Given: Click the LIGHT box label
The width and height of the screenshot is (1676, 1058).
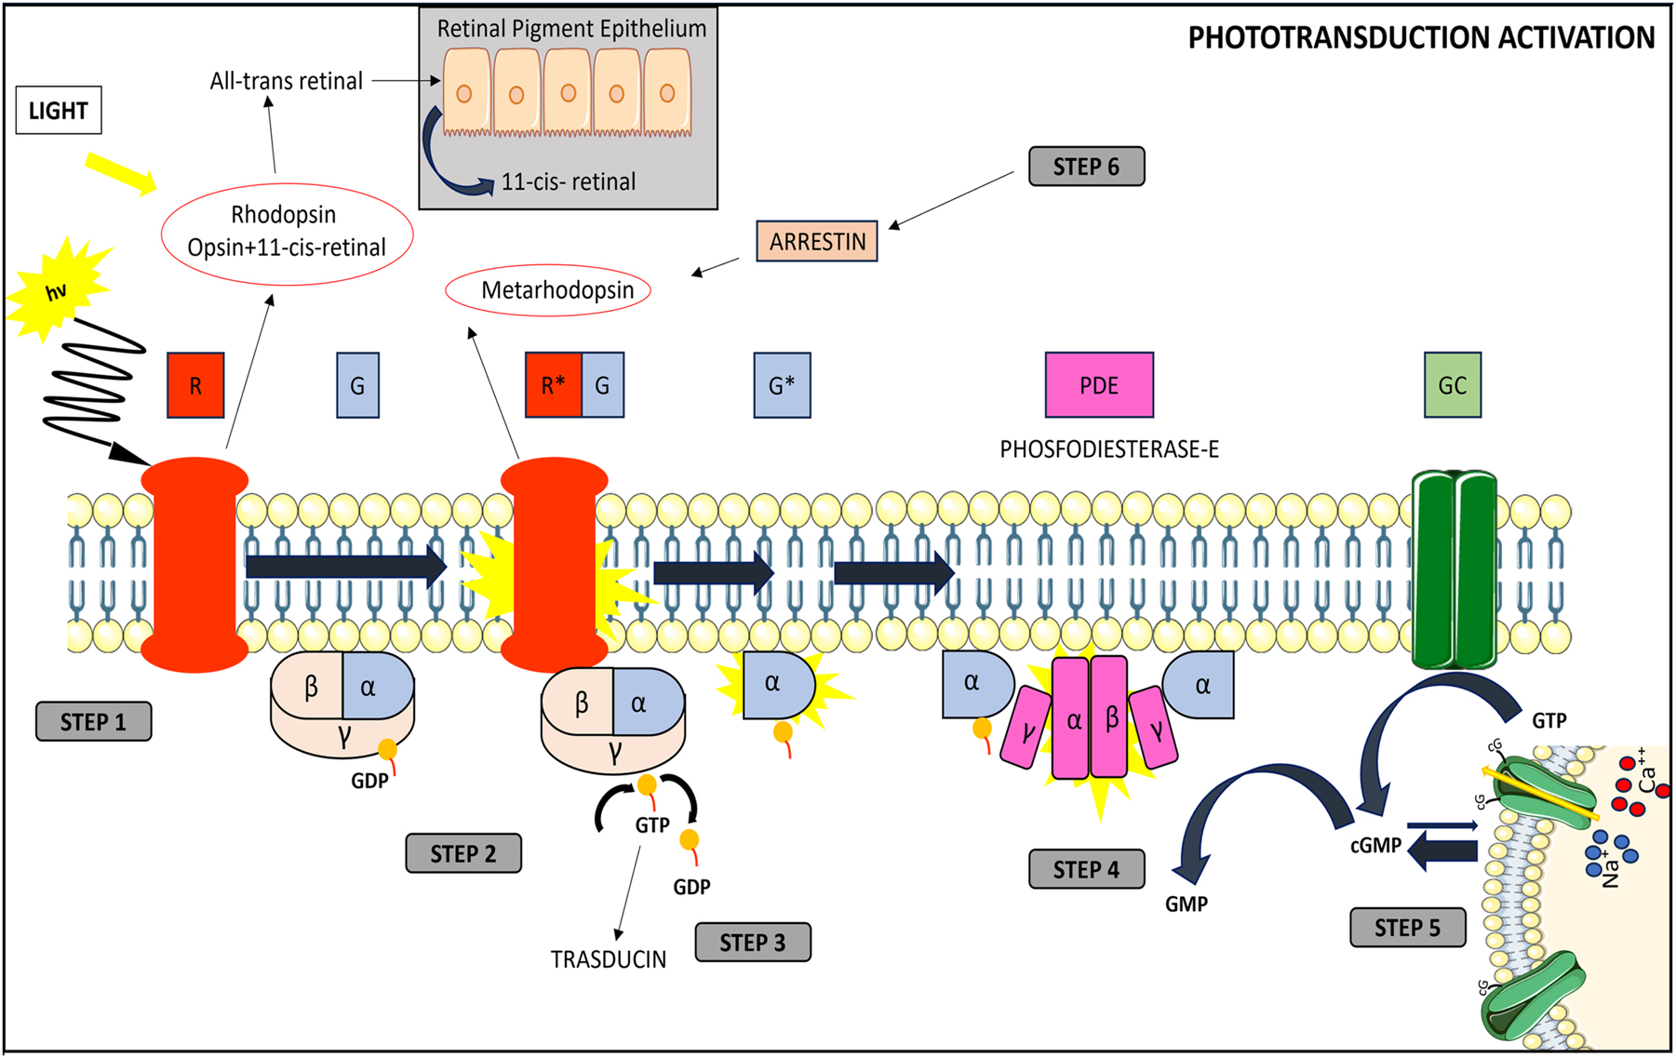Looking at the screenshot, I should pyautogui.click(x=58, y=111).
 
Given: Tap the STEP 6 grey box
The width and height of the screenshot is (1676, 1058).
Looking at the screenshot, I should pyautogui.click(x=1086, y=167).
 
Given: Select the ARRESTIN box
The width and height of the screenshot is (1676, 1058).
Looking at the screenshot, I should pyautogui.click(x=816, y=242).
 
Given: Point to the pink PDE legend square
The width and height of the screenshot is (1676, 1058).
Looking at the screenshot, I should pyautogui.click(x=1098, y=385).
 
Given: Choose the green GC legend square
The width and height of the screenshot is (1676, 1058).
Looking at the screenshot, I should pyautogui.click(x=1452, y=385).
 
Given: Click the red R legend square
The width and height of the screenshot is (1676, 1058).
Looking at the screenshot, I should pyautogui.click(x=195, y=385).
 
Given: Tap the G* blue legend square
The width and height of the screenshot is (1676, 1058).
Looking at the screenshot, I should pyautogui.click(x=782, y=385).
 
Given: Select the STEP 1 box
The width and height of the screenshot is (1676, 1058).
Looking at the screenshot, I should pyautogui.click(x=93, y=722).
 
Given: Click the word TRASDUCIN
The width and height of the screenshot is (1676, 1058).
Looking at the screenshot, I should pyautogui.click(x=608, y=959).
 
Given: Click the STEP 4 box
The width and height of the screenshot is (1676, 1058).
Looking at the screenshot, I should pyautogui.click(x=1086, y=870).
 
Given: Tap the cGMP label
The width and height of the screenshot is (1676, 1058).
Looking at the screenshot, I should pyautogui.click(x=1375, y=846).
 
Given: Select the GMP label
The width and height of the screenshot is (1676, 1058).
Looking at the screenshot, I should pyautogui.click(x=1186, y=904).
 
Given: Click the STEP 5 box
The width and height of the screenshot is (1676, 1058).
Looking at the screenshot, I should pyautogui.click(x=1407, y=928).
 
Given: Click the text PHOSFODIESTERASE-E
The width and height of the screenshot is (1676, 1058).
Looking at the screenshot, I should pyautogui.click(x=1108, y=450).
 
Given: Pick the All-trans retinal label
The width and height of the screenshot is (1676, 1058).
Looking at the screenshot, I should pyautogui.click(x=286, y=82).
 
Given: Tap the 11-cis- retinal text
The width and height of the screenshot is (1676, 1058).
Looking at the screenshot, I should pyautogui.click(x=568, y=182).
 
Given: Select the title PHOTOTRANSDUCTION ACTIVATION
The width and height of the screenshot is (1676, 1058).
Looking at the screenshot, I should pyautogui.click(x=1421, y=38).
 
